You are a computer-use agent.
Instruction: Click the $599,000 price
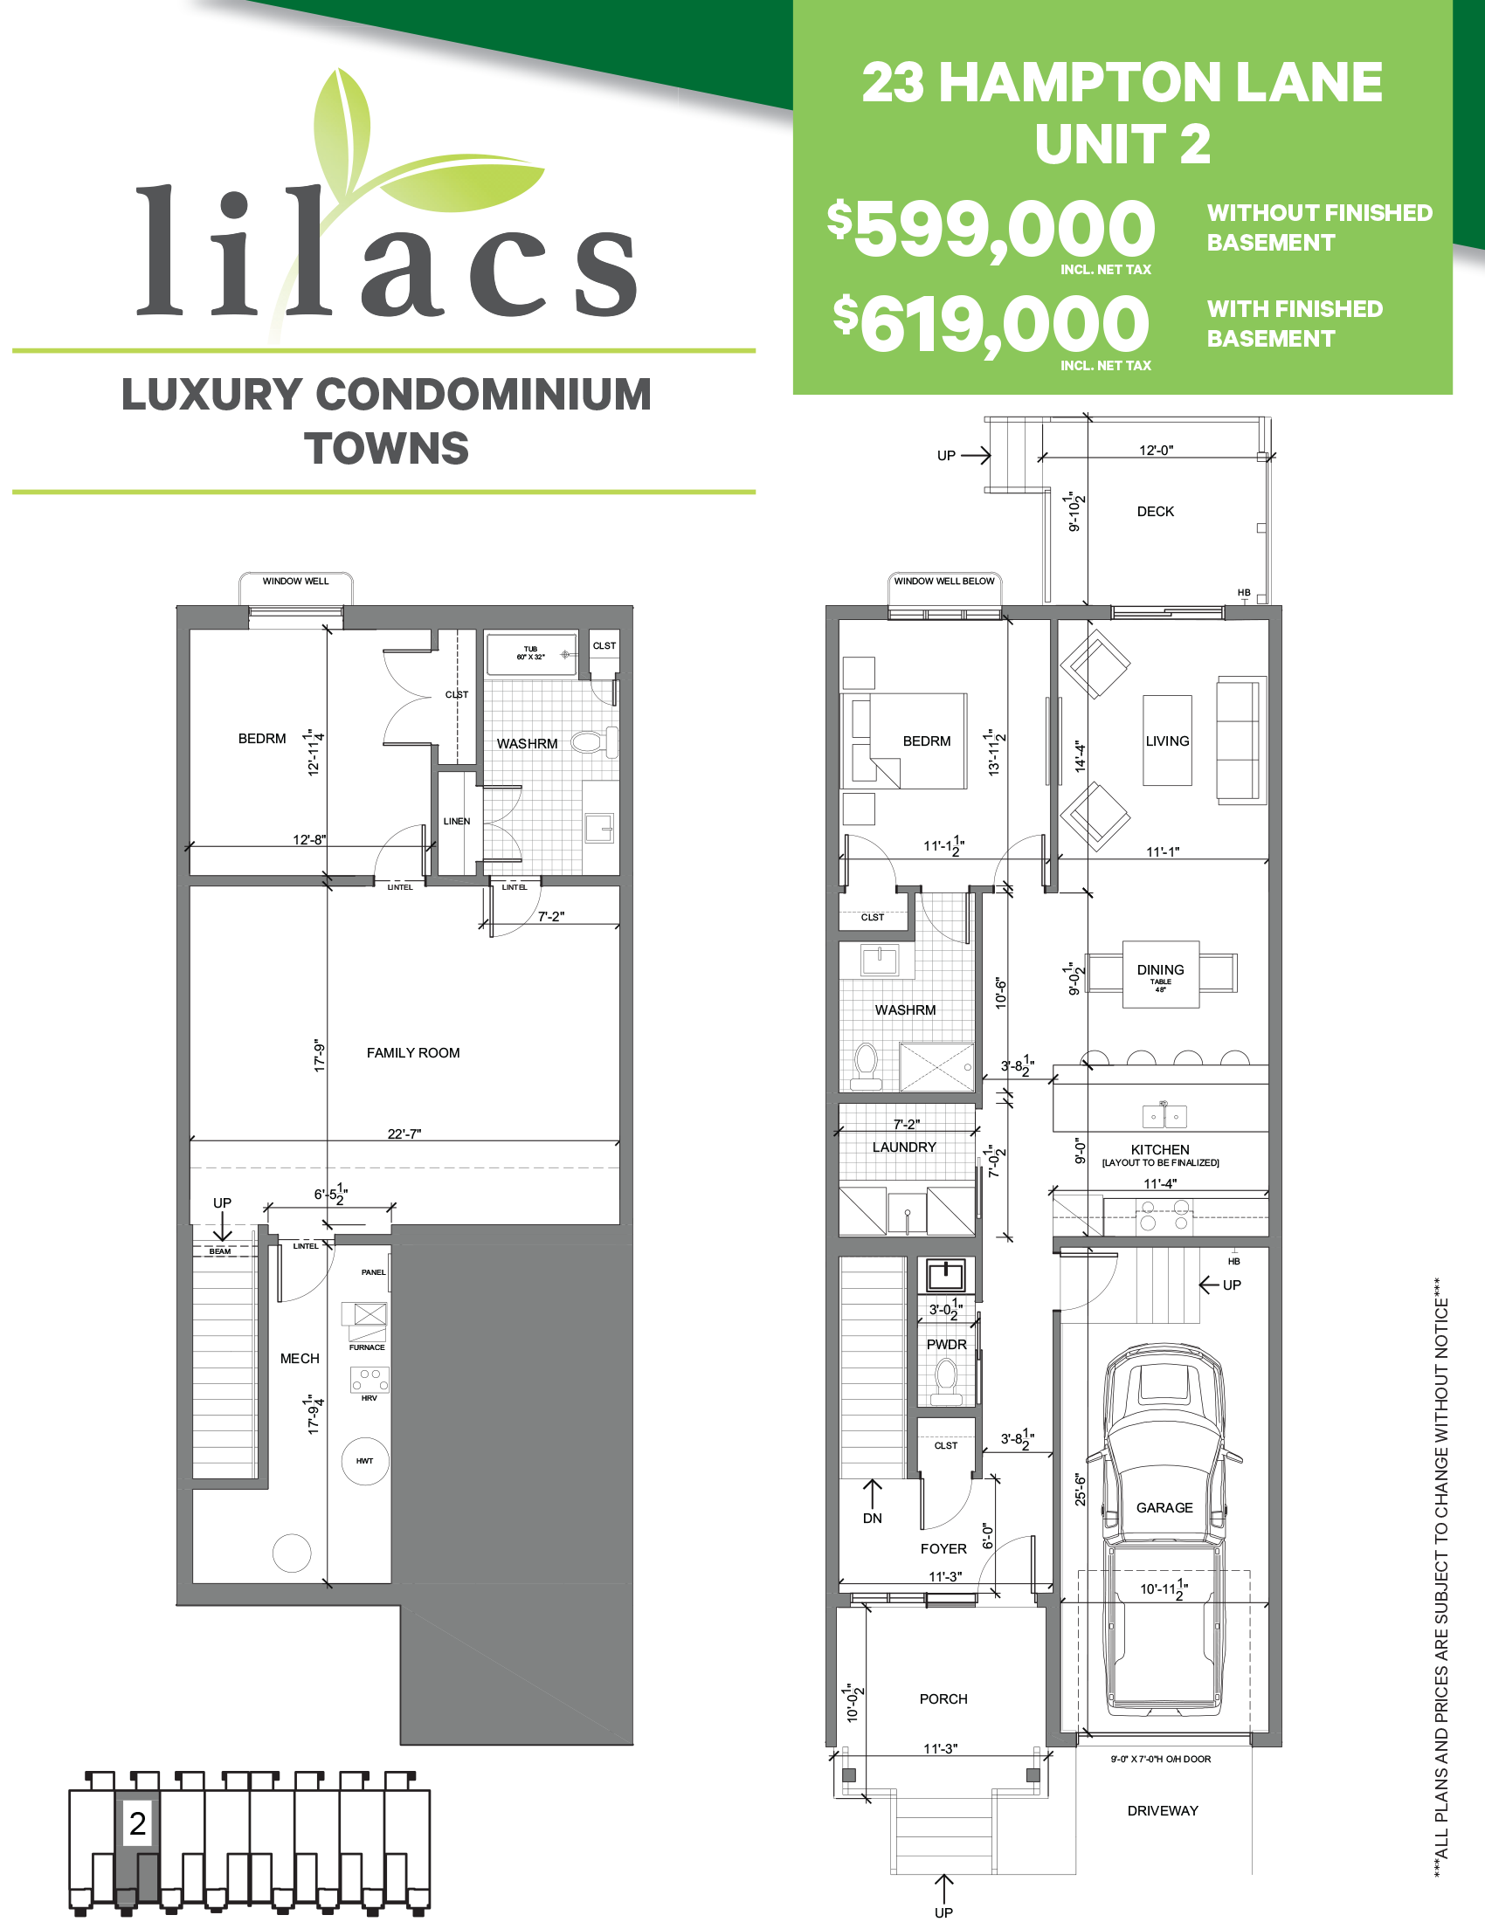tap(991, 229)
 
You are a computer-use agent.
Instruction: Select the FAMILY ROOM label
tap(413, 1052)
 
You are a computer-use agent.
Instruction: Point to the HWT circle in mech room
tap(364, 1461)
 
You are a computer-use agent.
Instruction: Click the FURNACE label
tap(367, 1347)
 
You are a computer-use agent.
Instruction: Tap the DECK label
tap(1155, 512)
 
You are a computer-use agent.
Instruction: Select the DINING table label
tap(1160, 971)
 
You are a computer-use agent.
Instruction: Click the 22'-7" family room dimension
tap(404, 1133)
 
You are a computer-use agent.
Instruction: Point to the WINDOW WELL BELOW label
tap(943, 581)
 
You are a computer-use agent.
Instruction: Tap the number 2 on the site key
tap(137, 1823)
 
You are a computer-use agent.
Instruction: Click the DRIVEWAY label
tap(1162, 1810)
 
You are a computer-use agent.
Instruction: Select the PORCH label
tap(943, 1698)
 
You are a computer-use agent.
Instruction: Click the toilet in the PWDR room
tap(946, 1380)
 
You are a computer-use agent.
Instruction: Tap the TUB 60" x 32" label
tap(531, 653)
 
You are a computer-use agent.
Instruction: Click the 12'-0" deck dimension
tap(1156, 450)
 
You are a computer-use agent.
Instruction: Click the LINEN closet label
tap(456, 821)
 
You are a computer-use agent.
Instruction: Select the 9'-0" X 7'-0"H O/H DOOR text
tap(1160, 1759)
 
